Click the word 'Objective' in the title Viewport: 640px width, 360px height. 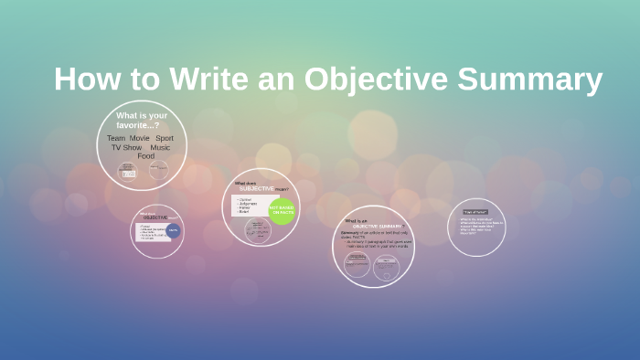click(375, 79)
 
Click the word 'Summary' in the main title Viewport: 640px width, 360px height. click(530, 79)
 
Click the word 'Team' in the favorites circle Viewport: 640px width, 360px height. click(116, 138)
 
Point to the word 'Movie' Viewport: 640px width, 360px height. click(139, 138)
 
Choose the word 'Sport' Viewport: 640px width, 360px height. click(165, 138)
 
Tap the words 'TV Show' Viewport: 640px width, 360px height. click(126, 147)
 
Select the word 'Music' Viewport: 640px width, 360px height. click(160, 147)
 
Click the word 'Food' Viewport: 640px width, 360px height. click(146, 156)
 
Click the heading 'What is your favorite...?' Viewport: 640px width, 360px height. click(142, 120)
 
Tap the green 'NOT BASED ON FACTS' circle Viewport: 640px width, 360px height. click(282, 211)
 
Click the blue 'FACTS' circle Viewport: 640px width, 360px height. click(173, 231)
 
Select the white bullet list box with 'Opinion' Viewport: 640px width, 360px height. click(251, 205)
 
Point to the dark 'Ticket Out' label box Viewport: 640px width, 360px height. click(475, 212)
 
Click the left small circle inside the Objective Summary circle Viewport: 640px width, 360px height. click(357, 265)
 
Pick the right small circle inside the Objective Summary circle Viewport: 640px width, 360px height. click(387, 267)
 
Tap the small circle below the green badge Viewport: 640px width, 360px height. click(258, 230)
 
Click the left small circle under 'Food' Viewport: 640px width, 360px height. click(128, 171)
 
